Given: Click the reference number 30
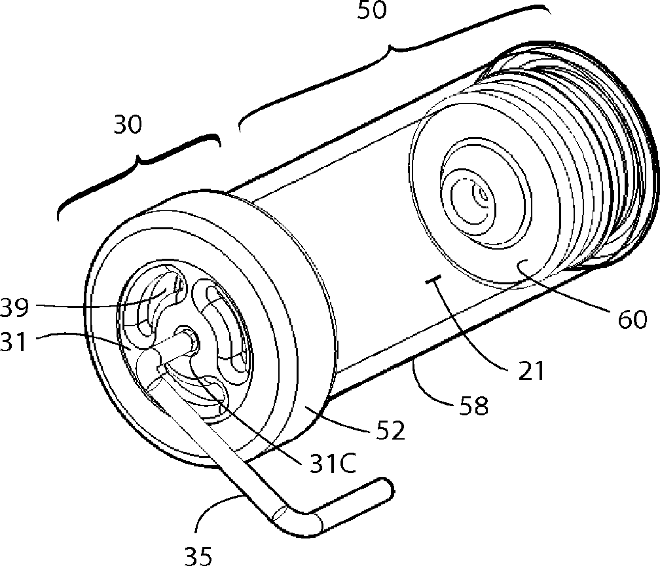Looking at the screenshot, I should point(128,124).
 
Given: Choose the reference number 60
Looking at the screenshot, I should point(631,319).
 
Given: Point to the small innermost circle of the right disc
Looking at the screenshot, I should point(483,195).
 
